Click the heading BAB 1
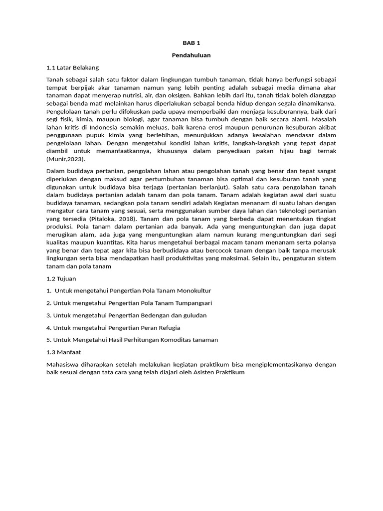tap(191, 43)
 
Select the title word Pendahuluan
tap(191, 55)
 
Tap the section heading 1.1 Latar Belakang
tap(72, 67)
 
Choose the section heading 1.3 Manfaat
tap(63, 352)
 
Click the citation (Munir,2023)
tap(66, 159)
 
